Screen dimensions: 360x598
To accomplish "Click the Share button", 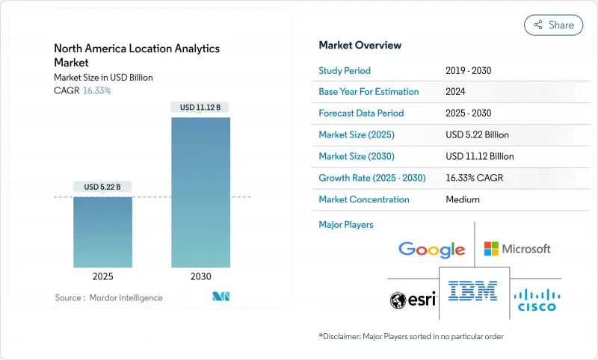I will [554, 25].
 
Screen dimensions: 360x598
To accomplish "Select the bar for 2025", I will [102, 232].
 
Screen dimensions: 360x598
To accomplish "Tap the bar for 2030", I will [200, 192].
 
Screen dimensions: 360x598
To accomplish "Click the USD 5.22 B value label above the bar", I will [102, 186].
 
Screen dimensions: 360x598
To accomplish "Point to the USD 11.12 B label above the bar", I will [200, 107].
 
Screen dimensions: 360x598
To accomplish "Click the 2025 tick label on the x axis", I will [102, 276].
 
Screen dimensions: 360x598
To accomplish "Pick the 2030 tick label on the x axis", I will [200, 276].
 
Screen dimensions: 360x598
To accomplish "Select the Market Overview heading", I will [360, 46].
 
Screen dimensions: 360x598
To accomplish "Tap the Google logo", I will [431, 249].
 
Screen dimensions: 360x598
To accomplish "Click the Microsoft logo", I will [517, 249].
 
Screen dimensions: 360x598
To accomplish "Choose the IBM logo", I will [472, 291].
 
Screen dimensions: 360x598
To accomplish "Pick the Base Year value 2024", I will [456, 92].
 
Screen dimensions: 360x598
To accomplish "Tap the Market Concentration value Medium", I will [462, 199].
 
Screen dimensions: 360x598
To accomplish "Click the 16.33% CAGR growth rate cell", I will [478, 178].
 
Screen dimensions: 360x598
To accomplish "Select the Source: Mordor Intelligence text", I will [108, 298].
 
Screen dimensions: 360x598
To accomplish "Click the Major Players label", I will [345, 224].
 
